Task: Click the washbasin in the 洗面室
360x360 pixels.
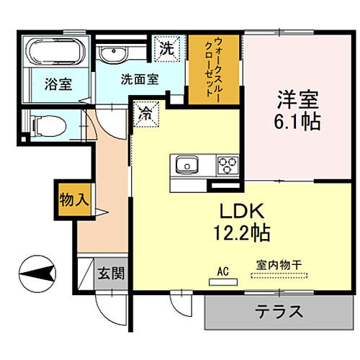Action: [115, 55]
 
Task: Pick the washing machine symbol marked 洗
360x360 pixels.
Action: [167, 50]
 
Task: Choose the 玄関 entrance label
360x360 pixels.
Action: [111, 273]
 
